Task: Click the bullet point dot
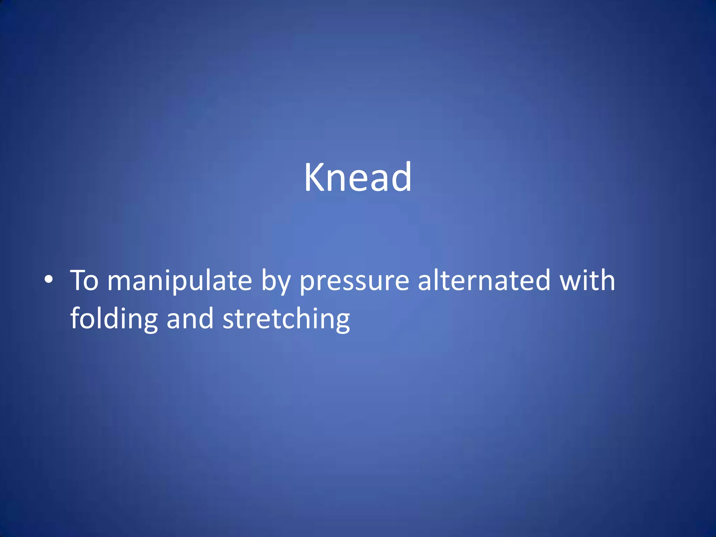coord(49,280)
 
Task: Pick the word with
coord(587,280)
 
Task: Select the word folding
coord(114,319)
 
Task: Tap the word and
coord(190,319)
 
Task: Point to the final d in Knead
coord(401,177)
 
